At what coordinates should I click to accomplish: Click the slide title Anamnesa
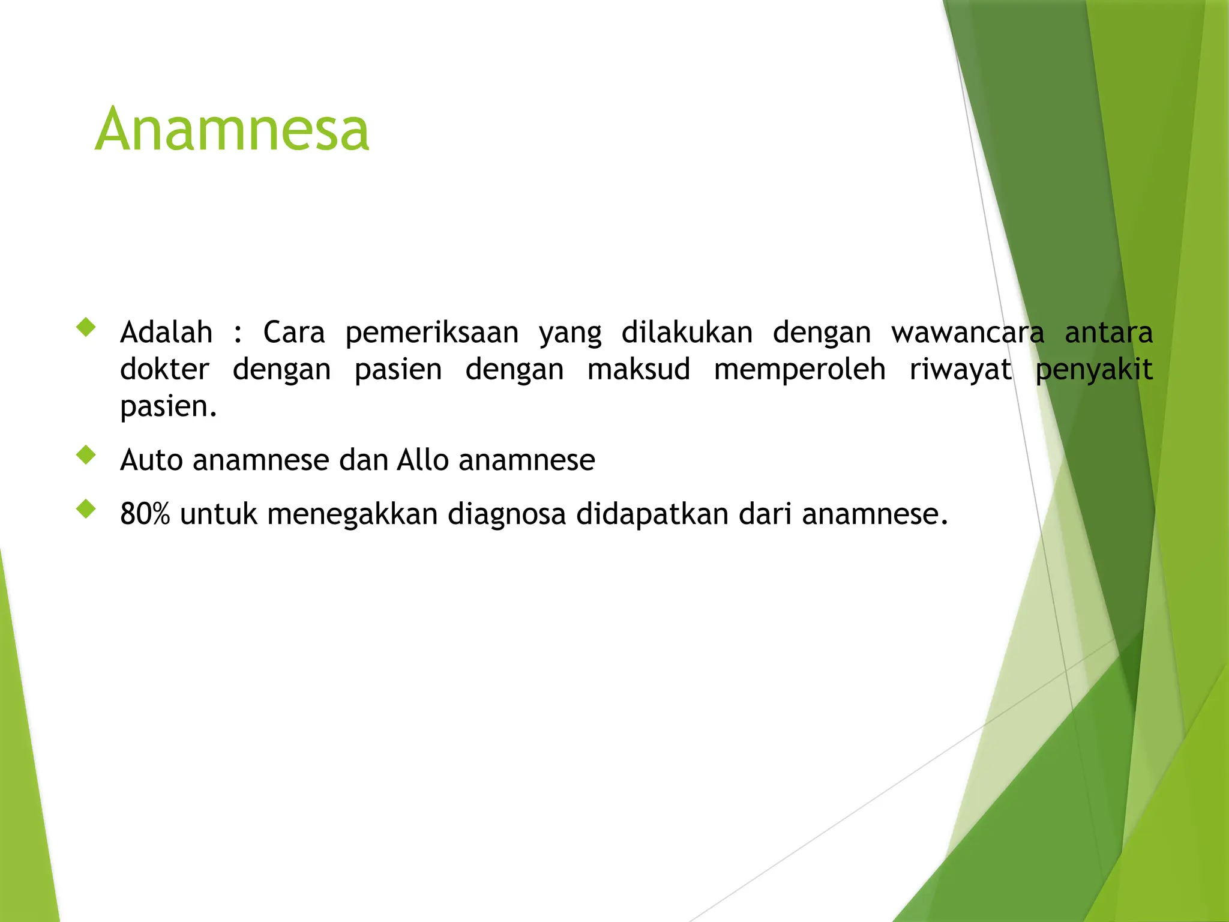[x=232, y=128]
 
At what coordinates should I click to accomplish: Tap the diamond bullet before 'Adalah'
[x=86, y=327]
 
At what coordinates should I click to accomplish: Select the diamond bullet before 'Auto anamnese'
[x=86, y=455]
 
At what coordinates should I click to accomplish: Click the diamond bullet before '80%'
[x=86, y=509]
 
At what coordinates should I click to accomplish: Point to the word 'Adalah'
[x=166, y=332]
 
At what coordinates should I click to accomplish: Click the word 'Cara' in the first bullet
[x=294, y=332]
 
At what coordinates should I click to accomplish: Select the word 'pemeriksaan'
[x=432, y=333]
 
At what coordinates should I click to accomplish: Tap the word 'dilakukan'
[x=687, y=332]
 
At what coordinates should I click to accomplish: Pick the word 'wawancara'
[x=967, y=332]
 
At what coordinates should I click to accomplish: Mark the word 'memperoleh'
[x=800, y=370]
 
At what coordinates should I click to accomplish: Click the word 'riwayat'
[x=960, y=370]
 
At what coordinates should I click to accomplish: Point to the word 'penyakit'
[x=1094, y=370]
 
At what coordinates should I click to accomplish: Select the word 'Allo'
[x=422, y=460]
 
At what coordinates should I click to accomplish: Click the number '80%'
[x=145, y=514]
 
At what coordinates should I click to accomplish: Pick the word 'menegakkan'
[x=352, y=514]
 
